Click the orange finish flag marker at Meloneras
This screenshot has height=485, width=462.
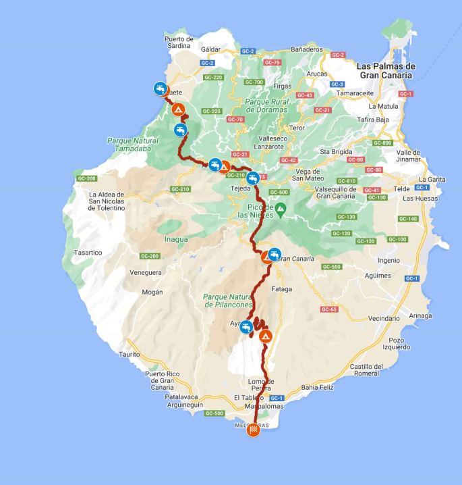253,429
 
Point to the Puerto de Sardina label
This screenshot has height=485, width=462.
179,43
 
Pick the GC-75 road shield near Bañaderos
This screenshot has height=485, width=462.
272,63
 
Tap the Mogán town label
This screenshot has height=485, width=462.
152,292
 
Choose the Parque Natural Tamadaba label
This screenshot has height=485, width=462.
132,145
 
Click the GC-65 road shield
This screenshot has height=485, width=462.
329,309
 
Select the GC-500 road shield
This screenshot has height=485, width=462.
214,413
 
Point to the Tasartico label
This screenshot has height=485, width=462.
88,253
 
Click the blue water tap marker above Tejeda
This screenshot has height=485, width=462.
253,178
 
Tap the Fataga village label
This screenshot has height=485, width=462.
281,289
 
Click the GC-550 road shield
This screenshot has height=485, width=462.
332,267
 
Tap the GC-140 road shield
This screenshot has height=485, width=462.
408,219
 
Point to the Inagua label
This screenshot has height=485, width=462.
176,238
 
